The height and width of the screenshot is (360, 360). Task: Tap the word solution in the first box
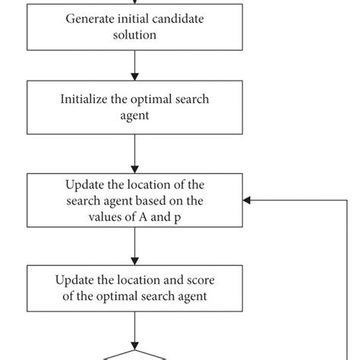click(x=134, y=34)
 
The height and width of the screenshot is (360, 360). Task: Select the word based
click(x=167, y=201)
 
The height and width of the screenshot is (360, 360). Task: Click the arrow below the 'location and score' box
click(x=134, y=327)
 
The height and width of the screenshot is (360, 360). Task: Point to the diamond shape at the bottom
click(x=135, y=355)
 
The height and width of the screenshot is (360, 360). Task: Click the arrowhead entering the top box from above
click(x=134, y=3)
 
